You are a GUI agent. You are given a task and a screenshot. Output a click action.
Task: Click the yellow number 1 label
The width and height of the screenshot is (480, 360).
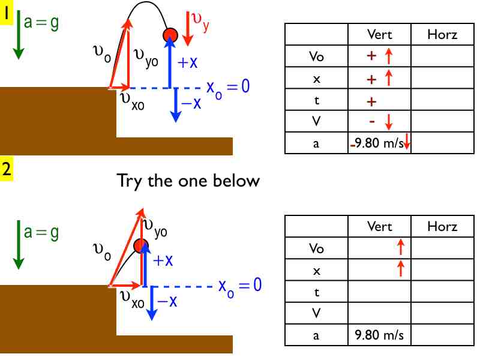(7, 13)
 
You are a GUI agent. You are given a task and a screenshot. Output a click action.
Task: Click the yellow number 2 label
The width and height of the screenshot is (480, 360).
(7, 169)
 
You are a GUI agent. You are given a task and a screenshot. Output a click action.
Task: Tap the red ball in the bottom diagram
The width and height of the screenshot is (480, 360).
(141, 245)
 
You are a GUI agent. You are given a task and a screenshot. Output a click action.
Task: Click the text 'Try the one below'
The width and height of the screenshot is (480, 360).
(188, 180)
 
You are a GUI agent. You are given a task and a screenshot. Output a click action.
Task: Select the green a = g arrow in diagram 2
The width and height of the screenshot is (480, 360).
(18, 246)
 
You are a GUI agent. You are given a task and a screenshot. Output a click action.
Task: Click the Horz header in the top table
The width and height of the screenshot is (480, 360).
(442, 35)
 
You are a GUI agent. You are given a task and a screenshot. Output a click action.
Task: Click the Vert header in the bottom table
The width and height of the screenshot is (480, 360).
(379, 226)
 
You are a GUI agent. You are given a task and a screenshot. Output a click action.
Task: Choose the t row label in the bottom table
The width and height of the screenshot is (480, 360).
(316, 292)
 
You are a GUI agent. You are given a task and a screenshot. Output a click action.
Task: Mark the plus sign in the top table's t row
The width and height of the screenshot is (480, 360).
(371, 101)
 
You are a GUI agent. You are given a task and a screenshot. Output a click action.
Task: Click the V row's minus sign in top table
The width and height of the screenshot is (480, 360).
(372, 121)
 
